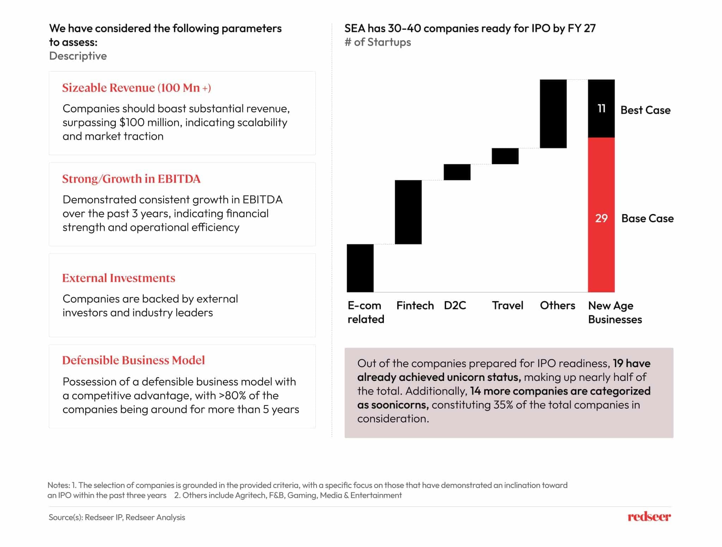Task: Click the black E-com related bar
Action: [x=360, y=268]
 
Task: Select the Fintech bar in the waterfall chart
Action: [x=408, y=212]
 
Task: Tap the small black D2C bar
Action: [x=457, y=172]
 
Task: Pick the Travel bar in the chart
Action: [x=505, y=156]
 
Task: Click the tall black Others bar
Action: [x=553, y=114]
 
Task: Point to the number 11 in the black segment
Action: [x=601, y=108]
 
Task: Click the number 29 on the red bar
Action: [x=601, y=218]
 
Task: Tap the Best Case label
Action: [x=645, y=110]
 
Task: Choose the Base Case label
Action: [x=647, y=218]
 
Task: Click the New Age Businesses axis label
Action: [x=614, y=312]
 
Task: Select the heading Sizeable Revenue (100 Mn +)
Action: [x=136, y=88]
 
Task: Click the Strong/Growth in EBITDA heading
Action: [x=131, y=179]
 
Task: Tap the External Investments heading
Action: [x=118, y=278]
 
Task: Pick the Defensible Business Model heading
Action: [x=133, y=360]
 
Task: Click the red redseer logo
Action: [x=649, y=517]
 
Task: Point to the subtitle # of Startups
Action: [x=378, y=42]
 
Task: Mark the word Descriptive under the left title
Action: [x=78, y=56]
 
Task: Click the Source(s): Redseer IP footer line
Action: [x=117, y=517]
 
